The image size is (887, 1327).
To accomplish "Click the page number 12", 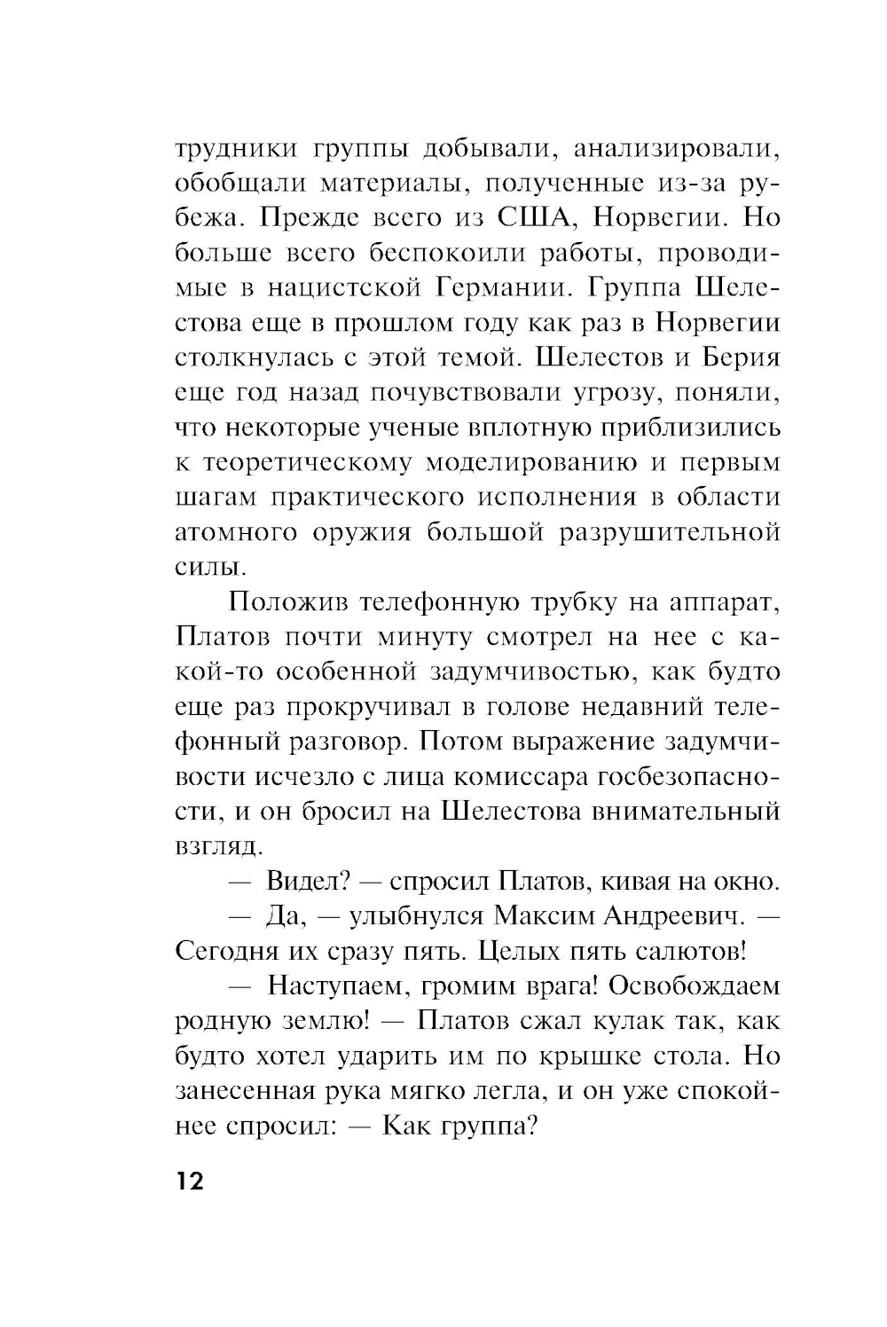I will (190, 1182).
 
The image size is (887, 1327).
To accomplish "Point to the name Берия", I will (733, 358).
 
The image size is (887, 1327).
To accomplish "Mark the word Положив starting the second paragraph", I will (285, 603).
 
